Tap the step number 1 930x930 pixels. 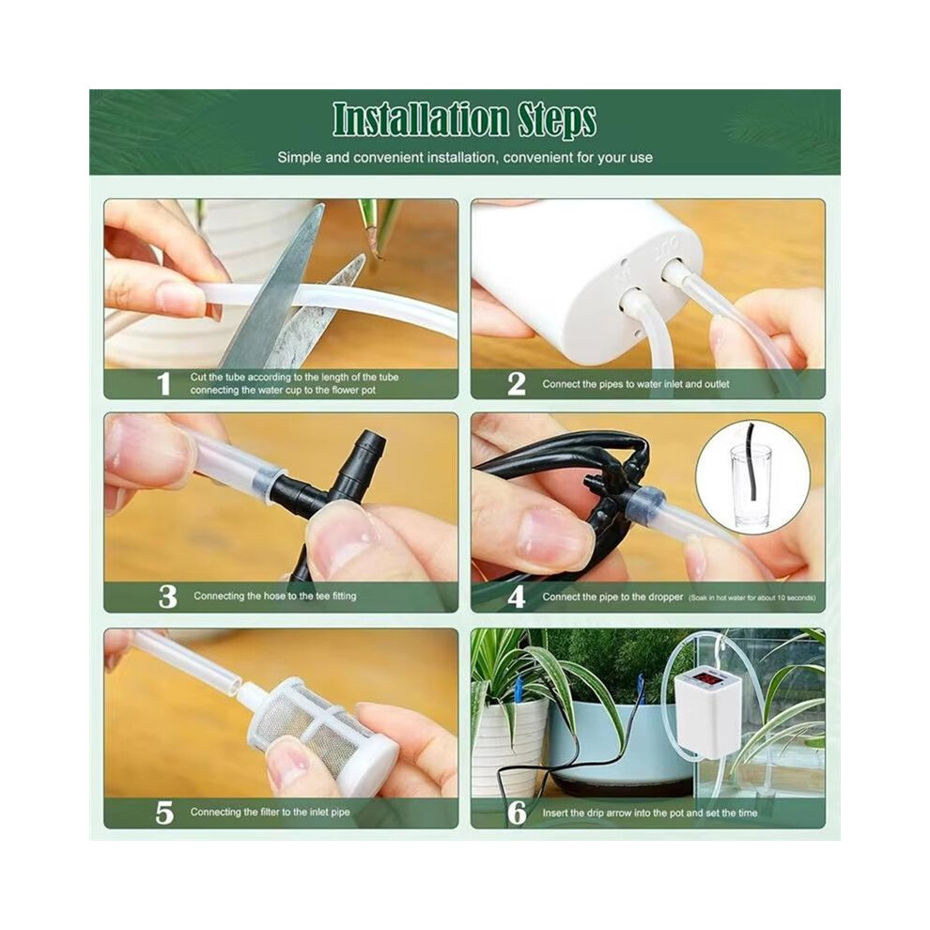163,384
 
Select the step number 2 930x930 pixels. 517,384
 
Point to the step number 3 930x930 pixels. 168,597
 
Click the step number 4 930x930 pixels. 517,597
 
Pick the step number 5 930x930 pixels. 164,813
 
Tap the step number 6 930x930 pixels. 518,813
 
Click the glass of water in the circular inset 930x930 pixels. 751,488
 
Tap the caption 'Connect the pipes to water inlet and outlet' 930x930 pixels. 636,384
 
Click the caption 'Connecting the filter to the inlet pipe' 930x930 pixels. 270,812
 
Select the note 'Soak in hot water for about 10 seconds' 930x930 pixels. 752,597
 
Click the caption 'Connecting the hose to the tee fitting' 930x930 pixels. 274,597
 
